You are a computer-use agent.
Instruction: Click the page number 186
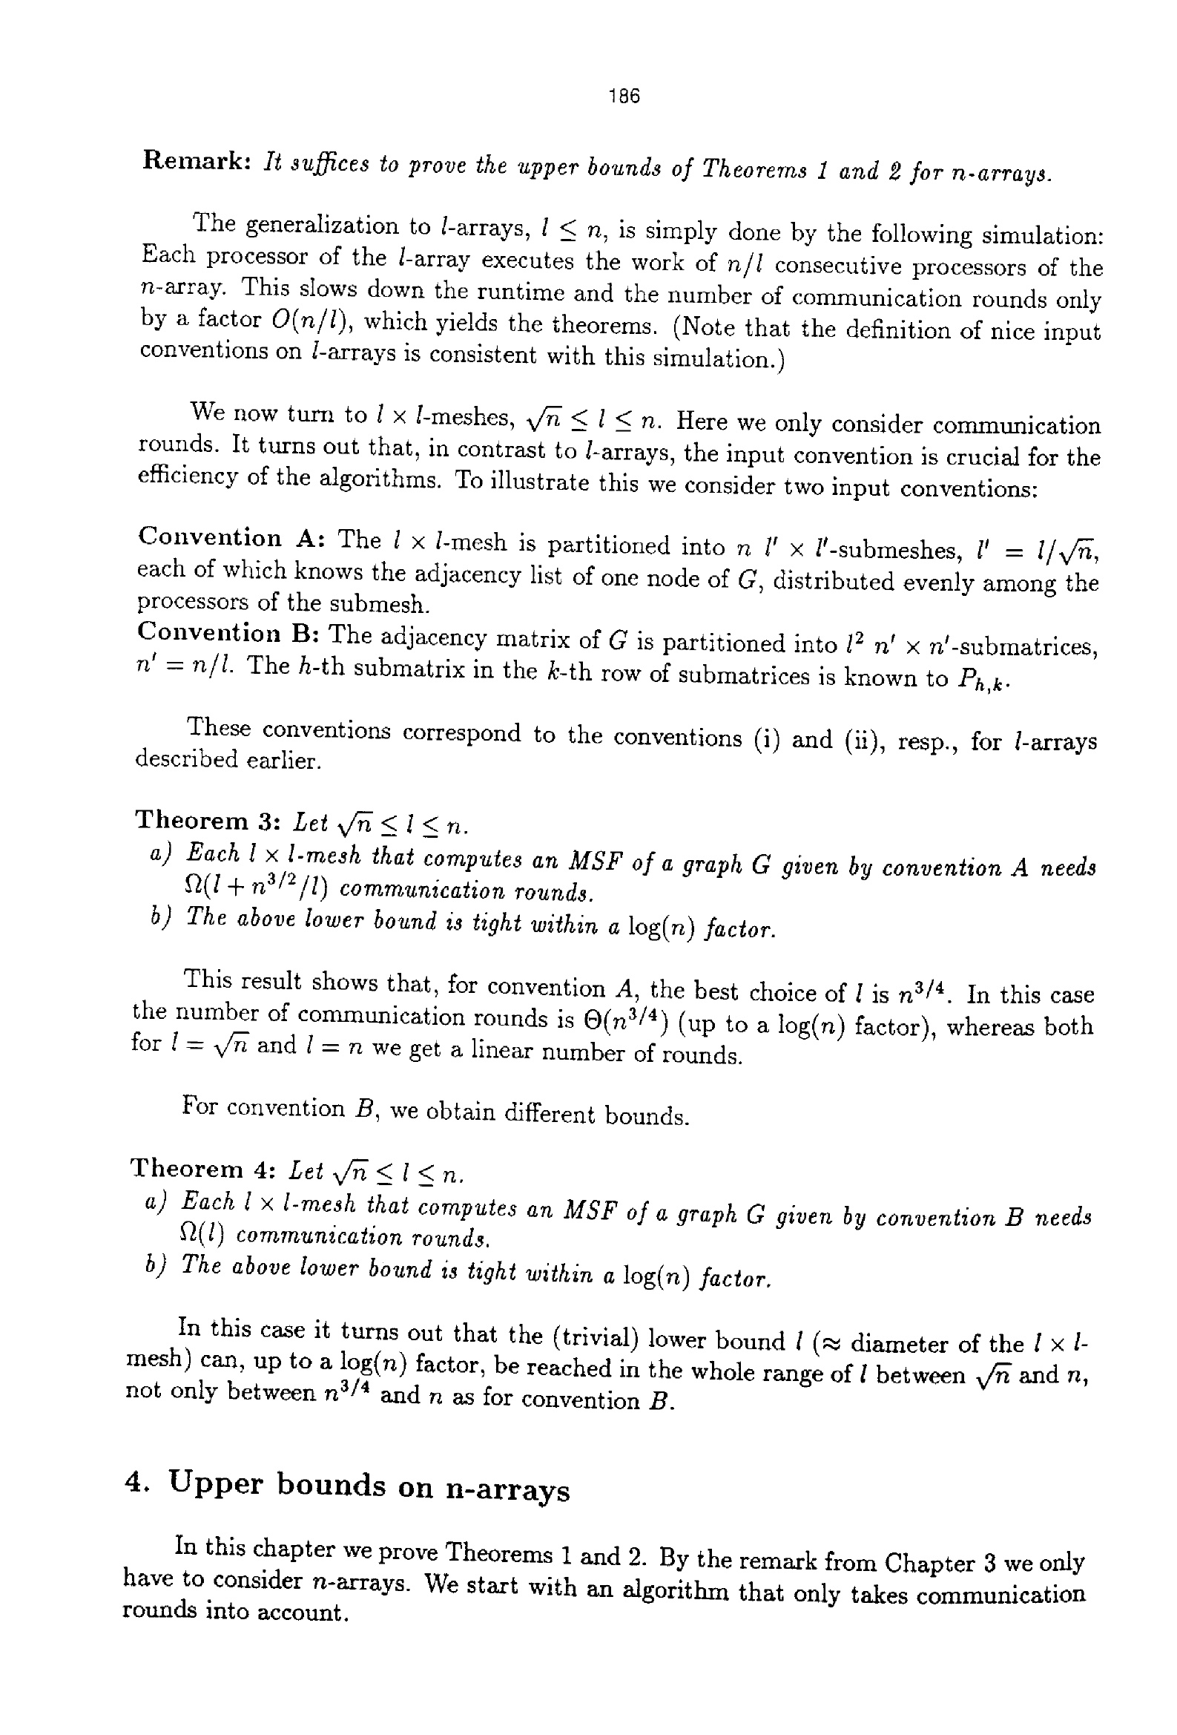pyautogui.click(x=624, y=96)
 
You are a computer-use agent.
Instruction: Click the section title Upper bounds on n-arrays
pyautogui.click(x=369, y=1486)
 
